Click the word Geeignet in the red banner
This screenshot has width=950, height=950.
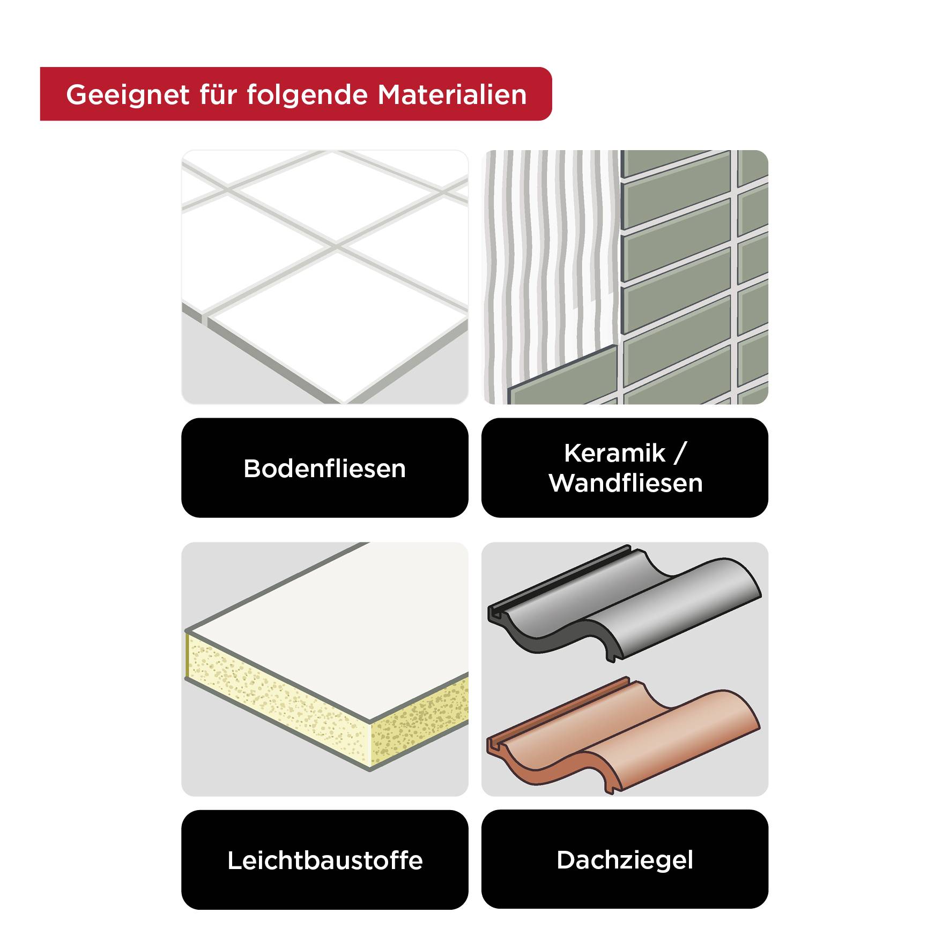(127, 95)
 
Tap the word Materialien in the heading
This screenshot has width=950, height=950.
(452, 95)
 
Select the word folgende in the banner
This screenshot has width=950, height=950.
(307, 95)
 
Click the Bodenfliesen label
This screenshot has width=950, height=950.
(324, 469)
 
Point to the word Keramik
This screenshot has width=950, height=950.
(614, 454)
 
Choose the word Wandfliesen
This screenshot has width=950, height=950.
(625, 483)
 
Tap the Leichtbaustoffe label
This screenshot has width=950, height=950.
(324, 860)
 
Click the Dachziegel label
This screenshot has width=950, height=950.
(625, 860)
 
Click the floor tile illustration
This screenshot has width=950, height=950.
(324, 277)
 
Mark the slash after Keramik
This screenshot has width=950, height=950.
(680, 454)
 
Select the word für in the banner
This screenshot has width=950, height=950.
(218, 95)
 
